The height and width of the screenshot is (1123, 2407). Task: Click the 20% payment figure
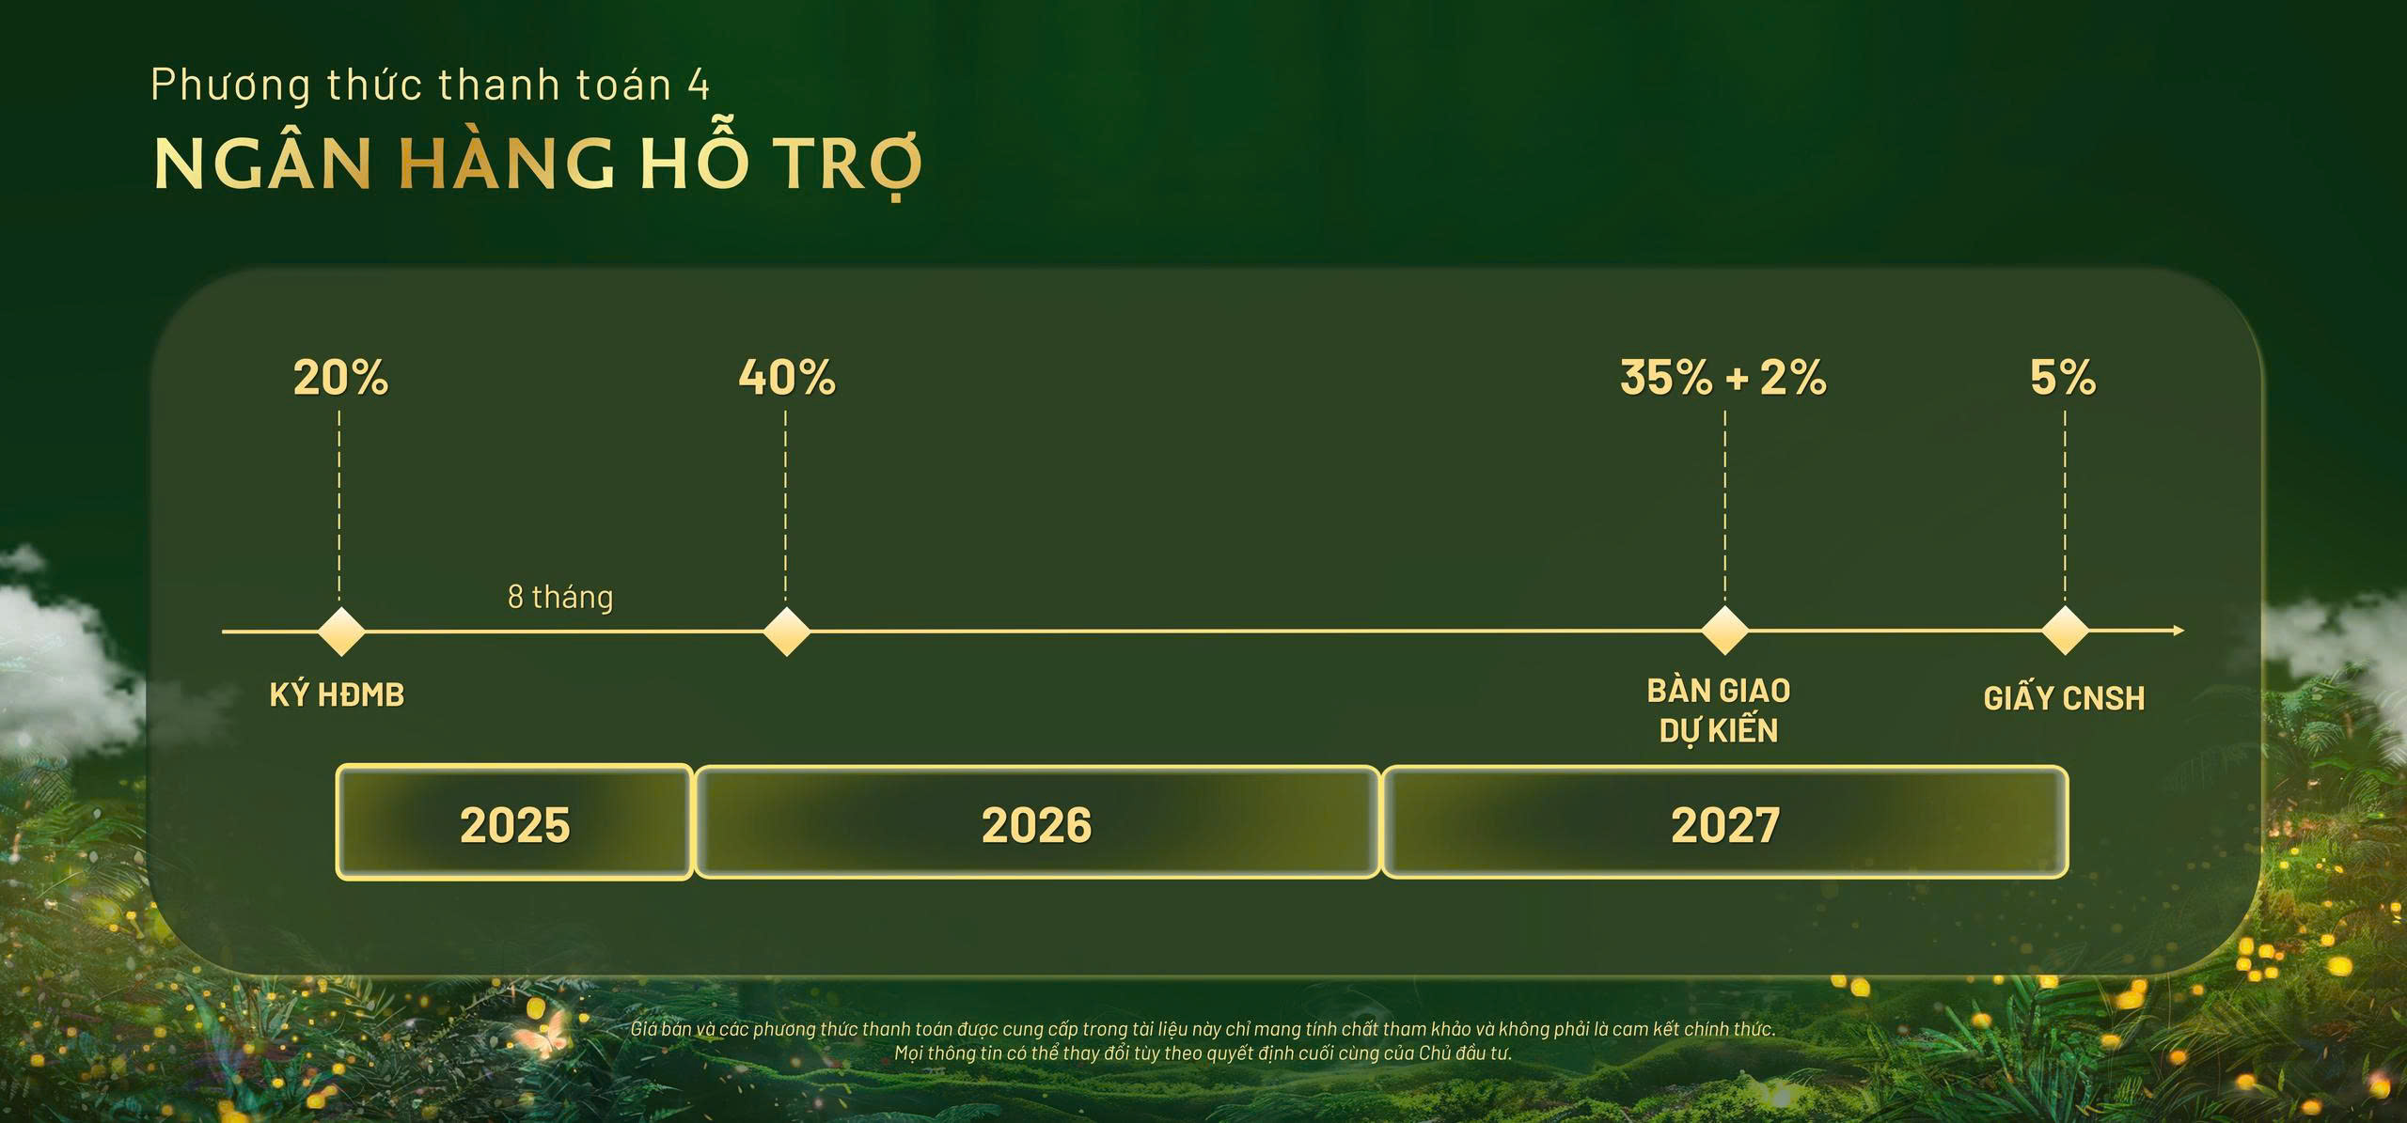point(340,378)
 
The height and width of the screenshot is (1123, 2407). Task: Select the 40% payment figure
point(787,378)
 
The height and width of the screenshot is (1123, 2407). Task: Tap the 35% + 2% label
point(1723,378)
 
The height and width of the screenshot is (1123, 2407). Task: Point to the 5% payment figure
point(2063,378)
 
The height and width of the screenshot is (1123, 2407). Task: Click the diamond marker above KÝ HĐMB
point(340,632)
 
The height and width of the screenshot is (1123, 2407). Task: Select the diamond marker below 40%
point(786,632)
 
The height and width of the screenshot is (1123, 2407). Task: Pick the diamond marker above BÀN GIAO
point(1725,631)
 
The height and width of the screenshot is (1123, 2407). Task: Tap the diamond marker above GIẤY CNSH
point(2066,631)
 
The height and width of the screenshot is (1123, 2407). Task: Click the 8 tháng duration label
point(560,598)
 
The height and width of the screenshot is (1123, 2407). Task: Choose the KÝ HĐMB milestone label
point(337,694)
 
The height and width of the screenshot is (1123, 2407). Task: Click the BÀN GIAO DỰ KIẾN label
point(1719,710)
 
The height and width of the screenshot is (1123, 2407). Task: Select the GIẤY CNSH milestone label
point(2064,697)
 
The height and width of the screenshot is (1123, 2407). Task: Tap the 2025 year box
point(514,822)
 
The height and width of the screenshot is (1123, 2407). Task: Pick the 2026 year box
point(1037,822)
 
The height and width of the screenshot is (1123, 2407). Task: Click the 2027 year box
point(1725,822)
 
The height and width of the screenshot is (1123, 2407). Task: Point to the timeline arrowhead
point(2179,631)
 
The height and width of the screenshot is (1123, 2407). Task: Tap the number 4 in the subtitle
point(698,86)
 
